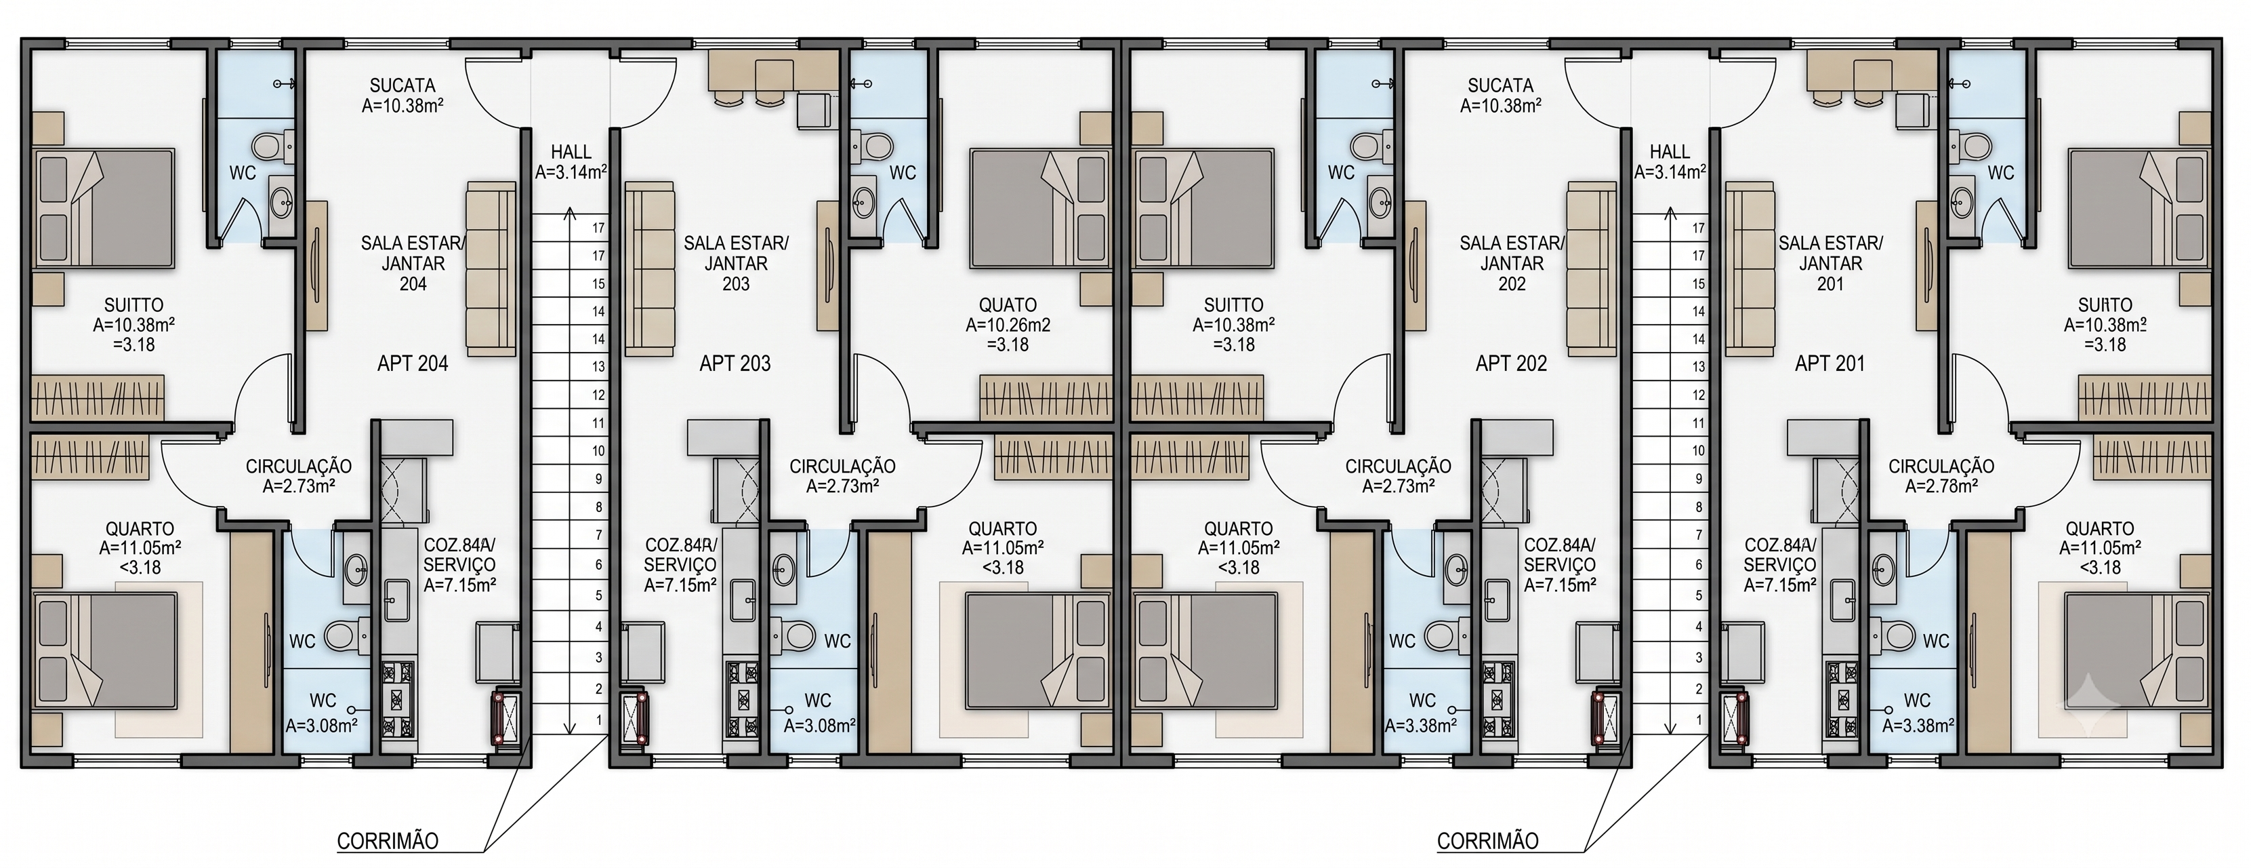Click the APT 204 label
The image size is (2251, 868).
413,363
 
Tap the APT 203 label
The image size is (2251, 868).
735,363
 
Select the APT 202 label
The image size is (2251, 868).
1511,363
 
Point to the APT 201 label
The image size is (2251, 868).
1830,363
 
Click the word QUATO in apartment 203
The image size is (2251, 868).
1008,305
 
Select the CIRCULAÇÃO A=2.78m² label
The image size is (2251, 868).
1941,477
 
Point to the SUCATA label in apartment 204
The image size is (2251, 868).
402,85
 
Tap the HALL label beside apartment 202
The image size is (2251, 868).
1670,152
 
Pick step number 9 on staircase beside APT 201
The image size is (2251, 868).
1699,479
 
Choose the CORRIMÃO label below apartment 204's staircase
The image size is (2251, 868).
388,841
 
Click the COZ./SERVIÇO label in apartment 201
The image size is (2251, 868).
1780,565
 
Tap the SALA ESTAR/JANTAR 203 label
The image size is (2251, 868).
736,263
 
